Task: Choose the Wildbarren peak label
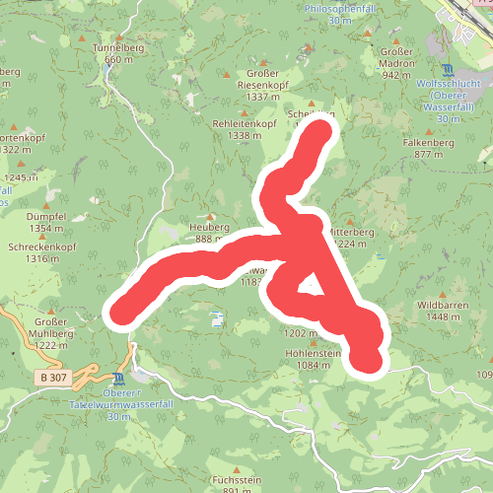tap(440, 306)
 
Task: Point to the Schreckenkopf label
tap(41, 246)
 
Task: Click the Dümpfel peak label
tap(47, 216)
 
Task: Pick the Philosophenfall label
tap(342, 8)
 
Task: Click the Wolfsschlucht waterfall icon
tap(450, 69)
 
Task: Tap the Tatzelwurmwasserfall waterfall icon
tap(119, 380)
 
